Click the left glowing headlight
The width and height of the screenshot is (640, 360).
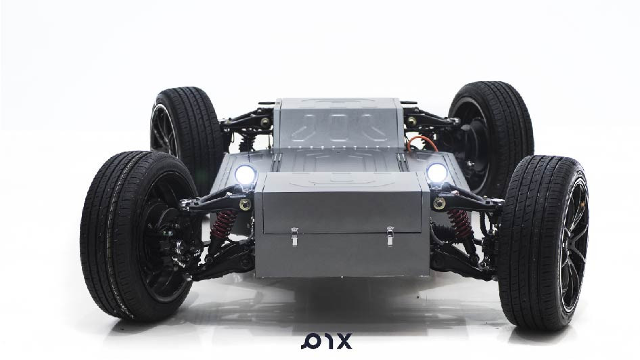pyautogui.click(x=246, y=175)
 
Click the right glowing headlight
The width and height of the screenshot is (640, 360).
pyautogui.click(x=437, y=173)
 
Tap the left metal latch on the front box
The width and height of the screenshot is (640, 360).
pyautogui.click(x=294, y=237)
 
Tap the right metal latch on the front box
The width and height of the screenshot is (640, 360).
pyautogui.click(x=390, y=236)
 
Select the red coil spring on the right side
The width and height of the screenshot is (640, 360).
pyautogui.click(x=460, y=224)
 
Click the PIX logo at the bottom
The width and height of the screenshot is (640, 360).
pyautogui.click(x=327, y=342)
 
